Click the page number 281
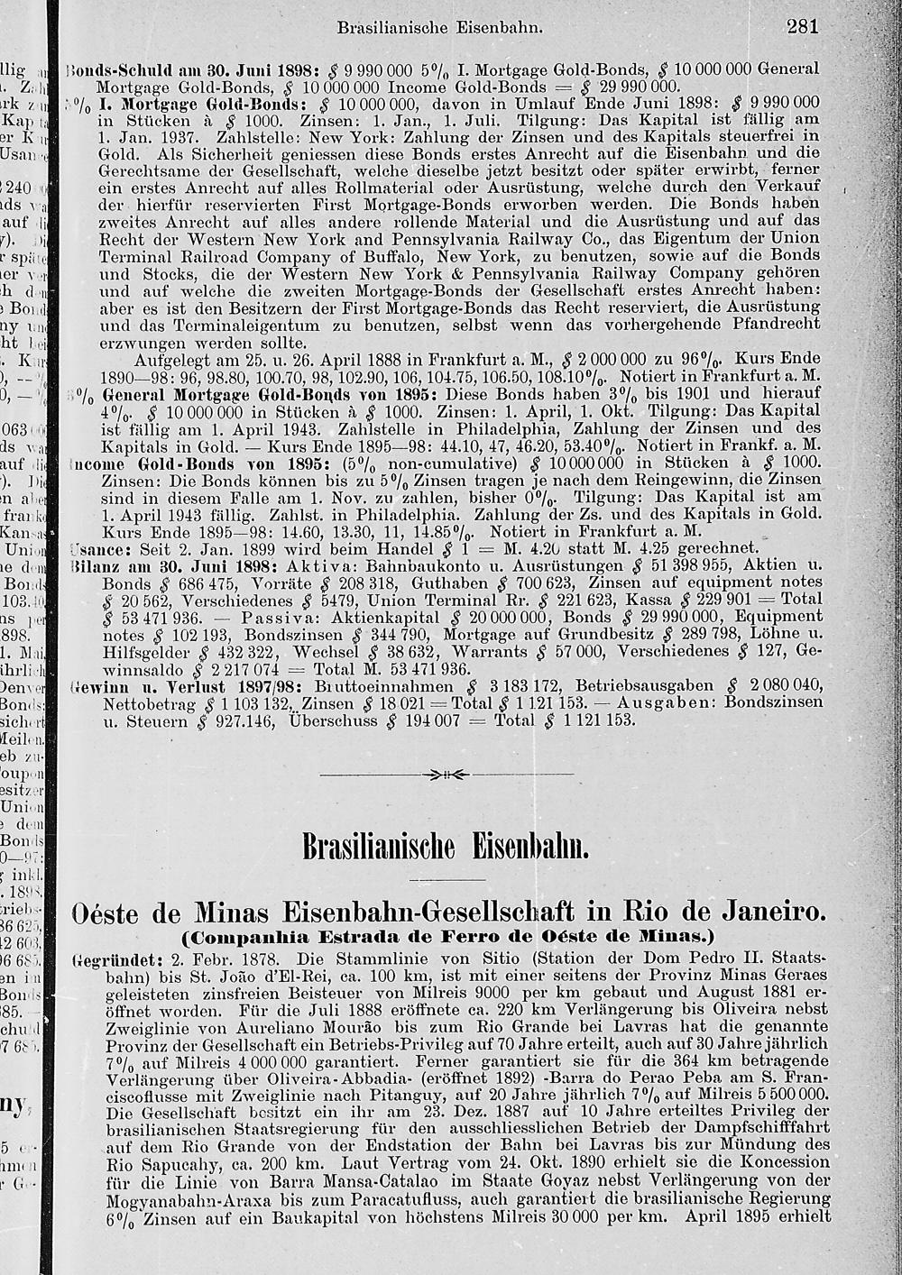pos(801,26)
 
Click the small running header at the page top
pos(439,28)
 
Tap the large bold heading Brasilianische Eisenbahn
pos(446,848)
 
